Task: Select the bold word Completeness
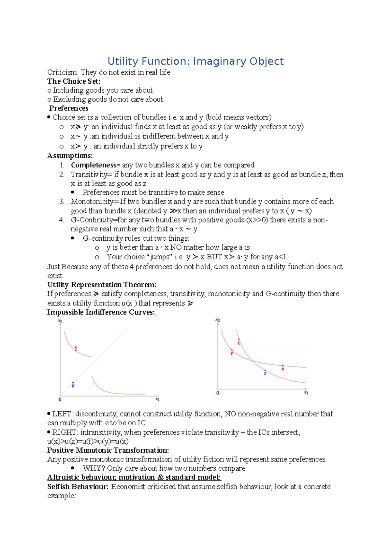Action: [x=94, y=165]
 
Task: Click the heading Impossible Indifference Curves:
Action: [x=101, y=312]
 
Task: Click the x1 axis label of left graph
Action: [x=157, y=399]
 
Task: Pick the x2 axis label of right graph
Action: [x=218, y=320]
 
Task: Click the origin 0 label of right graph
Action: [x=218, y=393]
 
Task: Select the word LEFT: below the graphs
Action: [x=63, y=414]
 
